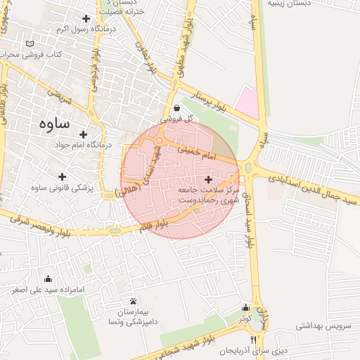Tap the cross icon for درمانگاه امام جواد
tap(83, 134)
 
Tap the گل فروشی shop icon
tap(176, 108)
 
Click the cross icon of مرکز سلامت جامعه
tap(207, 180)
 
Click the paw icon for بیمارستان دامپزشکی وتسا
tap(133, 301)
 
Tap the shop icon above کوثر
tap(245, 308)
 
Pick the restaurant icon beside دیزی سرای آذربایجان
tap(243, 340)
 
